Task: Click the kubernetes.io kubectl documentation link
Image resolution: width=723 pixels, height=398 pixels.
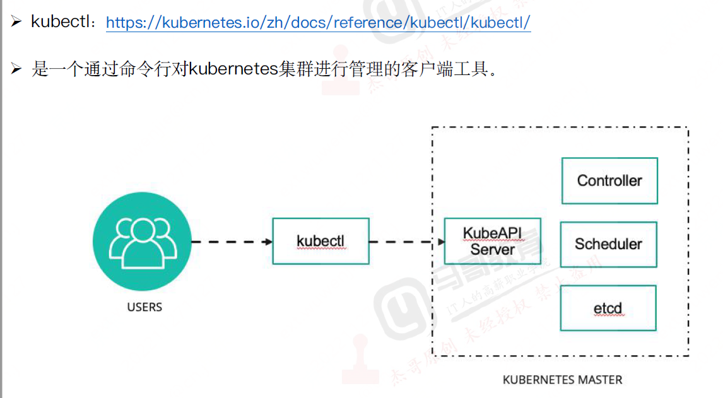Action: pyautogui.click(x=318, y=23)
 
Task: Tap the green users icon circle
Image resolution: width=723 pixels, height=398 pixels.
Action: pyautogui.click(x=141, y=242)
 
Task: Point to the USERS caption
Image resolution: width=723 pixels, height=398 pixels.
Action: pyautogui.click(x=144, y=308)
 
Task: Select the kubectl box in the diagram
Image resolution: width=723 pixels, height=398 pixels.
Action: pyautogui.click(x=320, y=241)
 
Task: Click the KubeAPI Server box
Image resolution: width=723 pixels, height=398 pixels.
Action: pyautogui.click(x=492, y=241)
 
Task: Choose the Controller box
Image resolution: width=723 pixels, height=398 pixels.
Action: pyautogui.click(x=609, y=181)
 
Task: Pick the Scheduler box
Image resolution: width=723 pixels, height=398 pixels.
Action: pyautogui.click(x=608, y=244)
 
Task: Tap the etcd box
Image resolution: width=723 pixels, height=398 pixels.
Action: pyautogui.click(x=608, y=308)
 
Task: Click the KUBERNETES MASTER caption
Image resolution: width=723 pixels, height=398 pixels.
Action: pyautogui.click(x=562, y=380)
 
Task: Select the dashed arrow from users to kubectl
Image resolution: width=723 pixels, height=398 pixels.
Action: pyautogui.click(x=231, y=242)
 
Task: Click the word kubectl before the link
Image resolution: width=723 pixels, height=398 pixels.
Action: pyautogui.click(x=61, y=22)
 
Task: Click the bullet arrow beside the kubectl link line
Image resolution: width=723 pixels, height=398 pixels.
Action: pyautogui.click(x=16, y=22)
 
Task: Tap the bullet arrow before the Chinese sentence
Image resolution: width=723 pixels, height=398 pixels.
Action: pyautogui.click(x=16, y=69)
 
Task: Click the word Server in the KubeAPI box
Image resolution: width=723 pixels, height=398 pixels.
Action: pyautogui.click(x=492, y=249)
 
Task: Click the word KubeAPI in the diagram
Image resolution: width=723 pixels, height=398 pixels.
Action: pyautogui.click(x=492, y=233)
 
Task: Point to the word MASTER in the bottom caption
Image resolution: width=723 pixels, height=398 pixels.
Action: pyautogui.click(x=599, y=380)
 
